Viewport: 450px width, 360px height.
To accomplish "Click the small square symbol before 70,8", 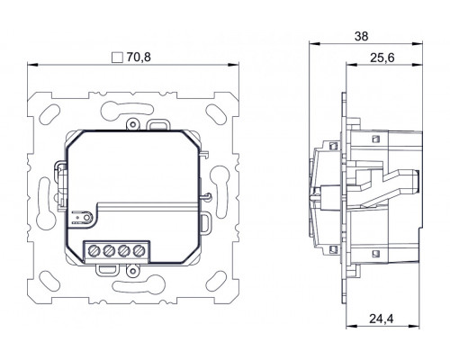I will [115, 56].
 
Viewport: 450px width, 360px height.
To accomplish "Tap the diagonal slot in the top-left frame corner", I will [46, 113].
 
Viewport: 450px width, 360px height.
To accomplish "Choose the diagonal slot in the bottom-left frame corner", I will [46, 280].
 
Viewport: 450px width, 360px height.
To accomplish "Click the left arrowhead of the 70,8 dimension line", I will [32, 65].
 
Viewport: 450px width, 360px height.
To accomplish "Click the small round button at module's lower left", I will [76, 216].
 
